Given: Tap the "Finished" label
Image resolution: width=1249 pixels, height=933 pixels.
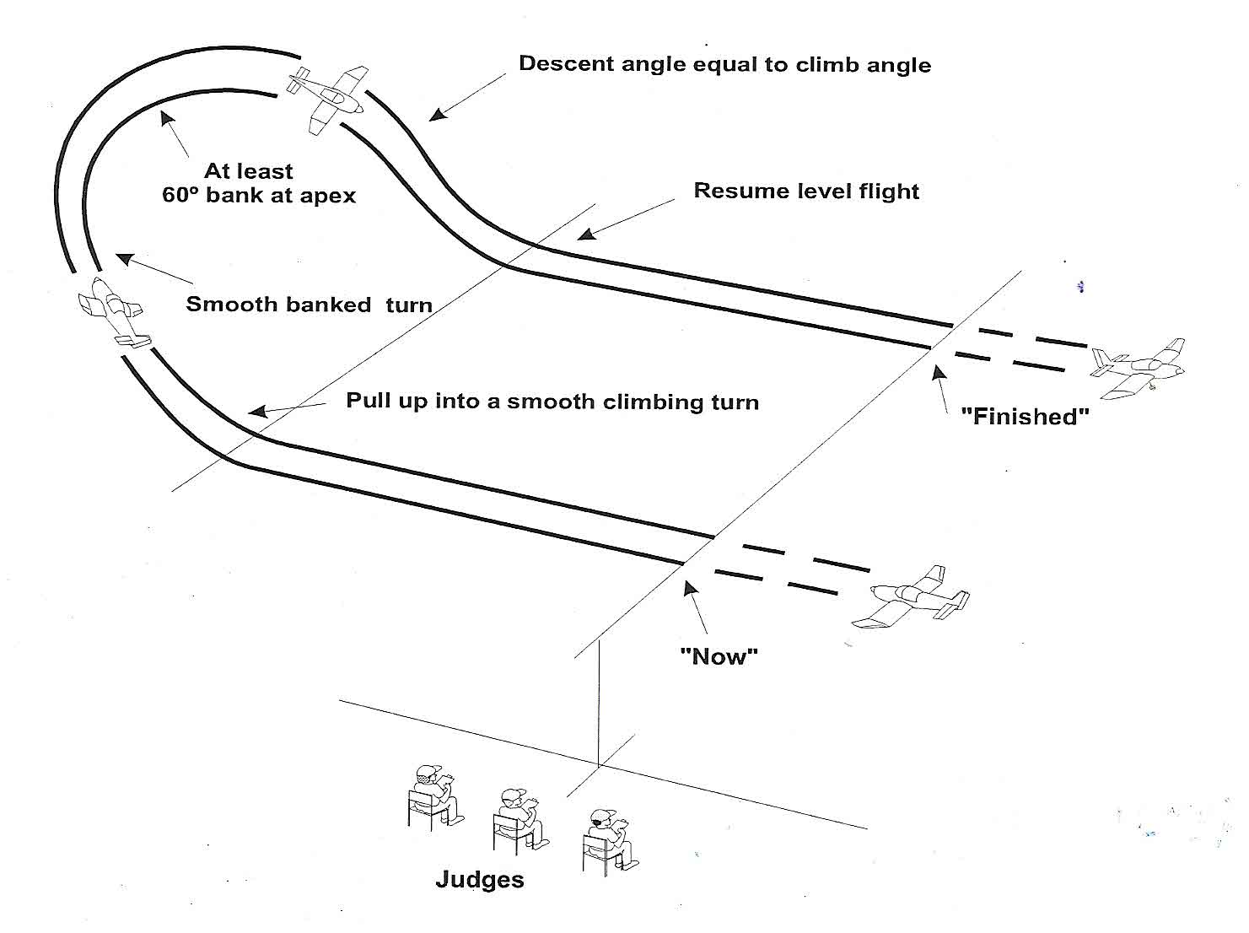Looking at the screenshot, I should (x=1025, y=416).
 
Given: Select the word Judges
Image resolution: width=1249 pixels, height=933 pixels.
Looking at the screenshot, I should (x=479, y=880).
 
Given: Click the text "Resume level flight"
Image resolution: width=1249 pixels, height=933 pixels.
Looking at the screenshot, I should (x=805, y=191).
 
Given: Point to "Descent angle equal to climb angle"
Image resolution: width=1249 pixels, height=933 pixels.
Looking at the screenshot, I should (x=724, y=64).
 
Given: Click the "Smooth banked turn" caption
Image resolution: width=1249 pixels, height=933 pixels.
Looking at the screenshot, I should (x=309, y=304).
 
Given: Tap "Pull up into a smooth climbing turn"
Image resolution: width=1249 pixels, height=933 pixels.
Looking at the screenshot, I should (x=552, y=401).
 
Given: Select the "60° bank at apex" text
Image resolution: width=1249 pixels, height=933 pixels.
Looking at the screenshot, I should (x=258, y=196).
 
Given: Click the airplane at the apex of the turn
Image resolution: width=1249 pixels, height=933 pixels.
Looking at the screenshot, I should (x=328, y=98).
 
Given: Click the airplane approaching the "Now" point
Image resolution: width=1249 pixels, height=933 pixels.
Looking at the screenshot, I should (x=911, y=596).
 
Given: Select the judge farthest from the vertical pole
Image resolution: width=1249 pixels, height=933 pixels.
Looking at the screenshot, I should (x=433, y=794).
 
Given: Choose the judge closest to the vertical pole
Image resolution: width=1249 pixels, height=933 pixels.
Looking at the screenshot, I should (x=607, y=839).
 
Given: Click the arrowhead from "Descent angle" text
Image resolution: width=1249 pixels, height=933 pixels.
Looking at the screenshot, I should (x=435, y=115).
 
